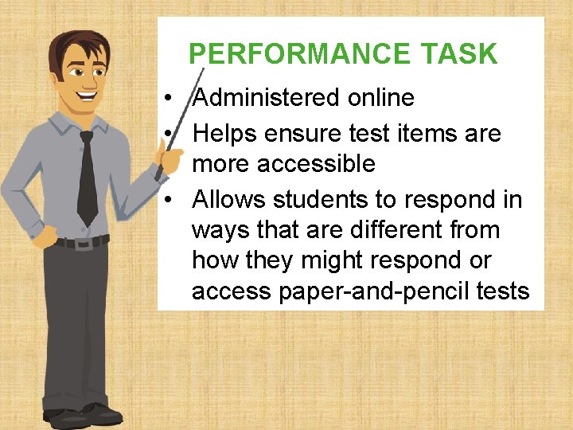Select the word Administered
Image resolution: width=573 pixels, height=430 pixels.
[267, 98]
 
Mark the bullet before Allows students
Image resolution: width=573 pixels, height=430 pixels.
[170, 199]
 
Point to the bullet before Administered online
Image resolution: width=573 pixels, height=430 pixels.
[170, 99]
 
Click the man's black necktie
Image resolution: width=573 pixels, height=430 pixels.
[87, 179]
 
